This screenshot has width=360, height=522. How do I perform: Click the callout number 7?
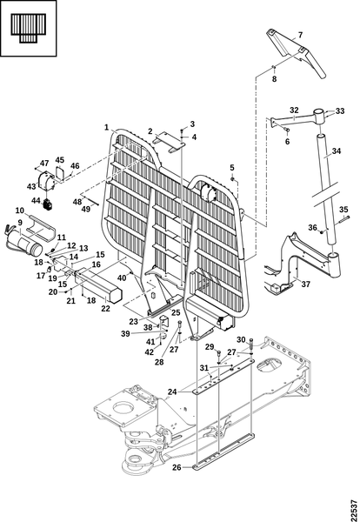(300, 35)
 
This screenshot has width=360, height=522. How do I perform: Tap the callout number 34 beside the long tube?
(337, 151)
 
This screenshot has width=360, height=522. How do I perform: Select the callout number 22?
(105, 309)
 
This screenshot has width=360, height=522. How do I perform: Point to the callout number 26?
(177, 467)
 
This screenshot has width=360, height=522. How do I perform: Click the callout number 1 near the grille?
(106, 127)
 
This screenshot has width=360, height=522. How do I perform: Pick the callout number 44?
(36, 201)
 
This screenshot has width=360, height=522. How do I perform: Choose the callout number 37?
(306, 284)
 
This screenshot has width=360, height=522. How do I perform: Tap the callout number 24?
(172, 392)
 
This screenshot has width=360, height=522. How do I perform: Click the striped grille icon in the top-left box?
(28, 28)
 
